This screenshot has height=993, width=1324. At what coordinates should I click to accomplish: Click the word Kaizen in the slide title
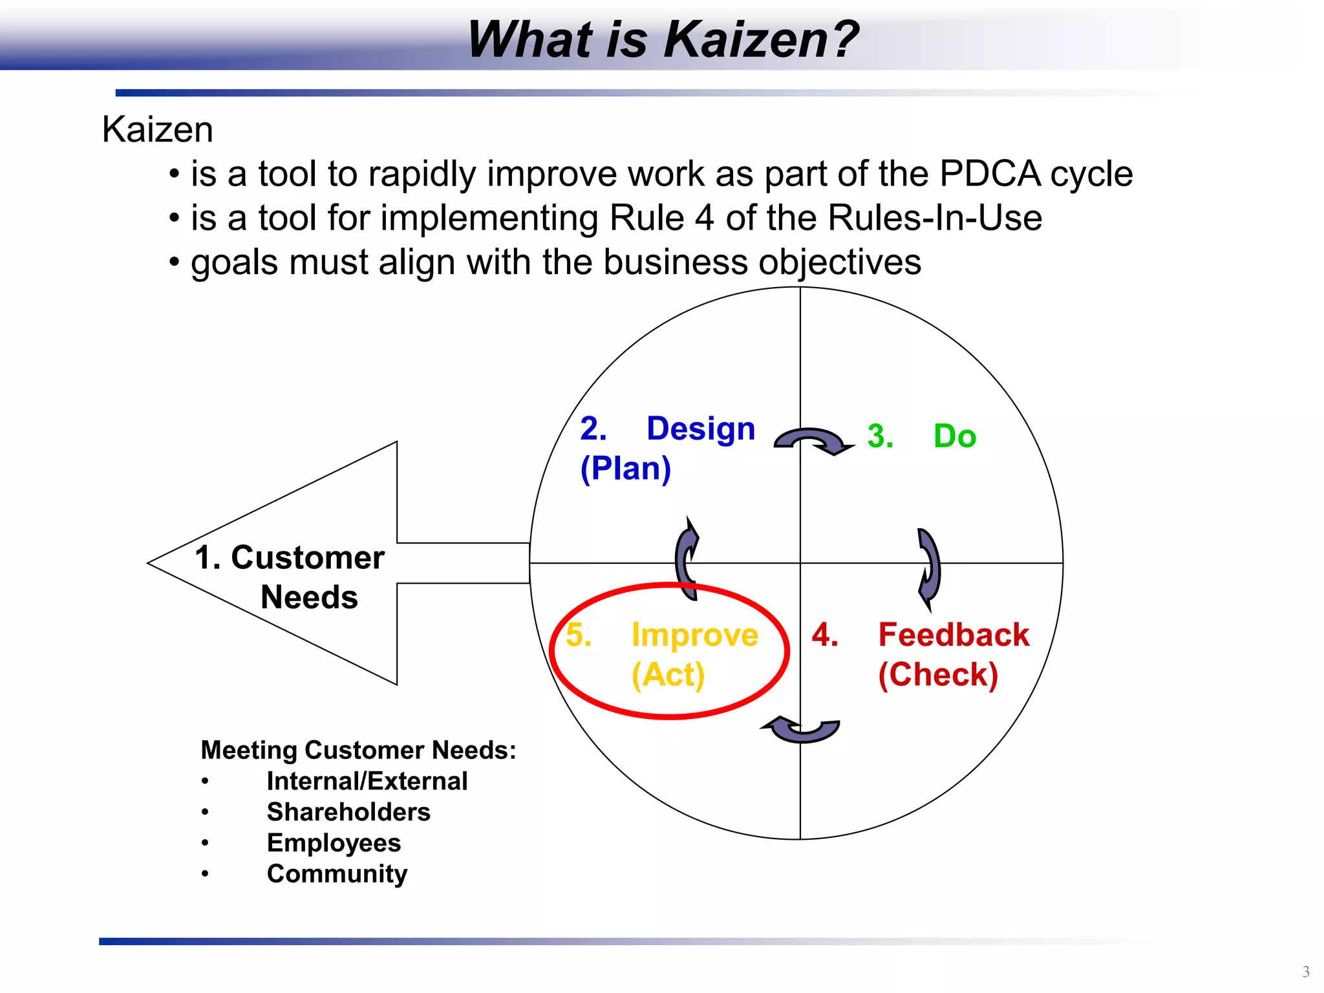point(760,40)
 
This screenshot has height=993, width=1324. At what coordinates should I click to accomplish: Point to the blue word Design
point(701,429)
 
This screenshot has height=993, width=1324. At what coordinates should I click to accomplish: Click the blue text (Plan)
point(626,468)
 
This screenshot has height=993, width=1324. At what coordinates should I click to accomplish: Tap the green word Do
point(955,436)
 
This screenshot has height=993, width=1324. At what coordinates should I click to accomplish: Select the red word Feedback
point(954,635)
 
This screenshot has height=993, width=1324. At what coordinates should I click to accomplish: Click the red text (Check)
point(938,675)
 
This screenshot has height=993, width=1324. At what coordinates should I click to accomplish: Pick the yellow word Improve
point(695,635)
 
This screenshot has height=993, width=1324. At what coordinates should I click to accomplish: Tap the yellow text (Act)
point(668,675)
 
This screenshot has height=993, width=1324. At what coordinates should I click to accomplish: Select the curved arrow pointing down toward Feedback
point(929,568)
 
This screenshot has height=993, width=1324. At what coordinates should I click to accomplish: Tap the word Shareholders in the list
point(348,812)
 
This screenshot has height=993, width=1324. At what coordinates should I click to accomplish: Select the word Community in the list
point(337,874)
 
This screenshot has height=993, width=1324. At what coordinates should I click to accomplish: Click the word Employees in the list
point(334,843)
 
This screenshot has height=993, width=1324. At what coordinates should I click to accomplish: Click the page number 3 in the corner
point(1305,972)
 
